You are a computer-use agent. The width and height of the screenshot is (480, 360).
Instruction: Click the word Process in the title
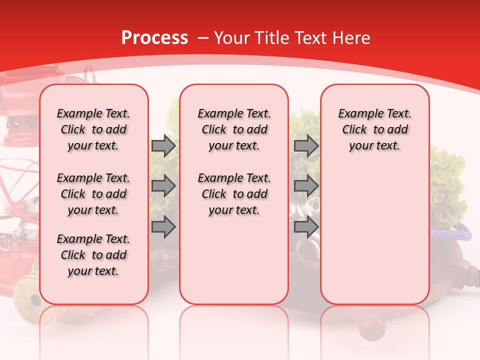(154, 38)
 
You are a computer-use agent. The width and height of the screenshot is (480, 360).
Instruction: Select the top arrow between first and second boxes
(163, 146)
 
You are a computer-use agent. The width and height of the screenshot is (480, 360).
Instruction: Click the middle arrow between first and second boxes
(163, 186)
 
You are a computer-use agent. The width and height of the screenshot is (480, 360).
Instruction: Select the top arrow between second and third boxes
(306, 146)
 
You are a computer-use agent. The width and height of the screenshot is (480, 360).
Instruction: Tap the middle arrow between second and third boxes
(306, 186)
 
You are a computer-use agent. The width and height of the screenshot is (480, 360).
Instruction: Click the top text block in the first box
(93, 129)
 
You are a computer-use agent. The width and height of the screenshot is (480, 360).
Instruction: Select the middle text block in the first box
(93, 194)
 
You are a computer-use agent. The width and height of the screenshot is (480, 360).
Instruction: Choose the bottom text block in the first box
(93, 255)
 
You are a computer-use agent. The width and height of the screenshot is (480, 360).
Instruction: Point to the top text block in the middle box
(234, 129)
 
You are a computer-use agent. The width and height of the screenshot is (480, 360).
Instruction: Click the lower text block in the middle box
(234, 194)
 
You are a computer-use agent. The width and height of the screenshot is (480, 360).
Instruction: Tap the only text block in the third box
(374, 129)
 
